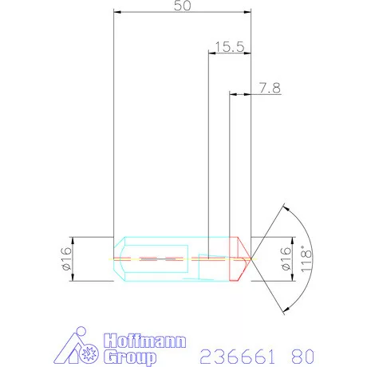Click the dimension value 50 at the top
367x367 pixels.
pos(182,6)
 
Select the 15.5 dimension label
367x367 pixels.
pos(229,47)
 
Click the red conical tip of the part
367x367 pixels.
pos(241,258)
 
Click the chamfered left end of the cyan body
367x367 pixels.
pos(120,258)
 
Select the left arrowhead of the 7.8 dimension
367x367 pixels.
pos(232,95)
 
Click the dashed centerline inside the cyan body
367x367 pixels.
pos(160,258)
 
